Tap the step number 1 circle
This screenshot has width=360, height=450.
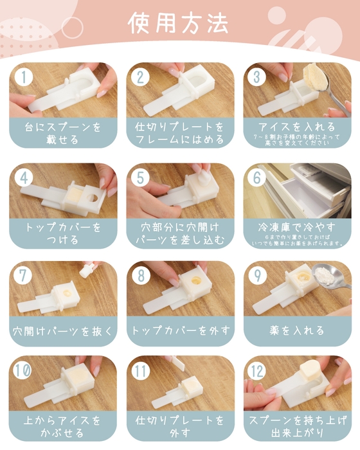pyautogui.click(x=24, y=77)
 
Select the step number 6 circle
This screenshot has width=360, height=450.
pyautogui.click(x=258, y=178)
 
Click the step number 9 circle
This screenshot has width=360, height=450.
pyautogui.click(x=258, y=276)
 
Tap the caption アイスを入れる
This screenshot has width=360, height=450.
pyautogui.click(x=296, y=127)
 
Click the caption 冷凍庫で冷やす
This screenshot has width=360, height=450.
pyautogui.click(x=296, y=226)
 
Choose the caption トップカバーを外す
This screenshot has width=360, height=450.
pyautogui.click(x=180, y=330)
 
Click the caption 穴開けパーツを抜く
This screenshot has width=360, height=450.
pyautogui.click(x=63, y=331)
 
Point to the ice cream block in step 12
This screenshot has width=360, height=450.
pyautogui.click(x=308, y=373)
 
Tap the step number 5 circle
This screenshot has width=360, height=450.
pyautogui.click(x=141, y=178)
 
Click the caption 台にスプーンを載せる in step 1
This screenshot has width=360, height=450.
pyautogui.click(x=63, y=132)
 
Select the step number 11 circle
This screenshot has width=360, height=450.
pyautogui.click(x=141, y=372)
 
